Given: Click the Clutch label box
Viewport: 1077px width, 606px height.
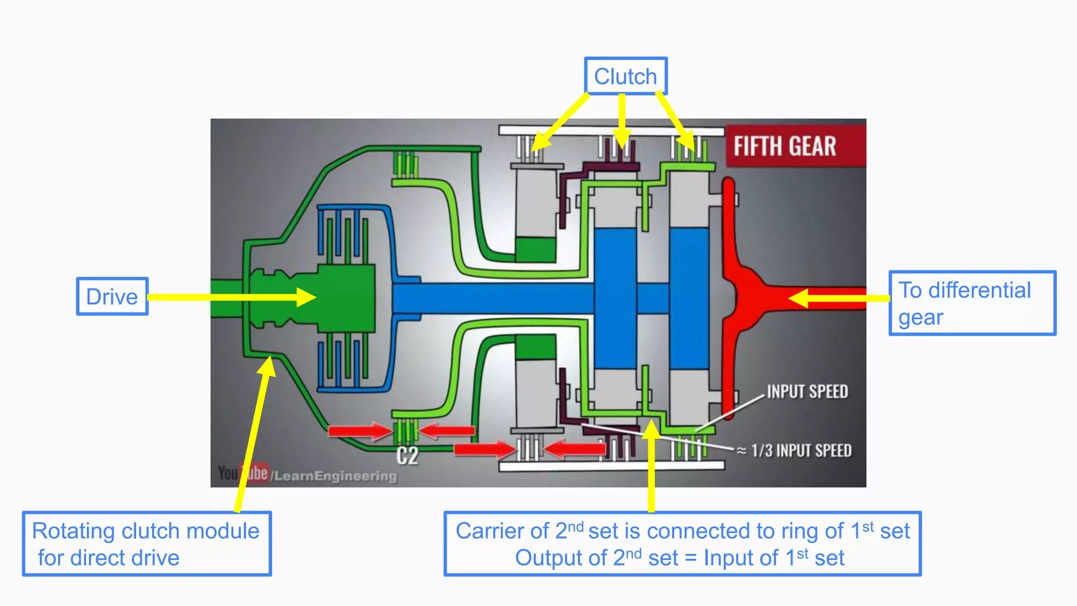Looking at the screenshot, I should (x=625, y=76).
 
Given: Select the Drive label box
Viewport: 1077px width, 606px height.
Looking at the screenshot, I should (x=112, y=297).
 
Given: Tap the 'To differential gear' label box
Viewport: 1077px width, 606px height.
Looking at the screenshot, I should (x=972, y=303).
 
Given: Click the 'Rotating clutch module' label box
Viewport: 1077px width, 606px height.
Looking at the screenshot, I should (x=146, y=544).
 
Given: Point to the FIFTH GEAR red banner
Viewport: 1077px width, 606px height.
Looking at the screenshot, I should (x=795, y=146).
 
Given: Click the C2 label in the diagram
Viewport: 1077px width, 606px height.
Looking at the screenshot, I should (x=408, y=456).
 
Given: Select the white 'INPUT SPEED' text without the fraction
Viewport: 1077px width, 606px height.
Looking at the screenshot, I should (x=807, y=392).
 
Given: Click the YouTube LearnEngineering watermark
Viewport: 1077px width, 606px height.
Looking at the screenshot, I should (x=308, y=474).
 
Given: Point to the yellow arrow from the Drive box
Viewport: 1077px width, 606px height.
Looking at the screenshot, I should (x=231, y=297).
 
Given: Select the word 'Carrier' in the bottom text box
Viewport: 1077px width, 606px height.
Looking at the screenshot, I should (x=502, y=531).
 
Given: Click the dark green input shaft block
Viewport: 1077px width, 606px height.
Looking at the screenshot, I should (x=344, y=298).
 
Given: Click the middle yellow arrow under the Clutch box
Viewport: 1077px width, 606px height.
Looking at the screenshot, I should (x=622, y=121).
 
